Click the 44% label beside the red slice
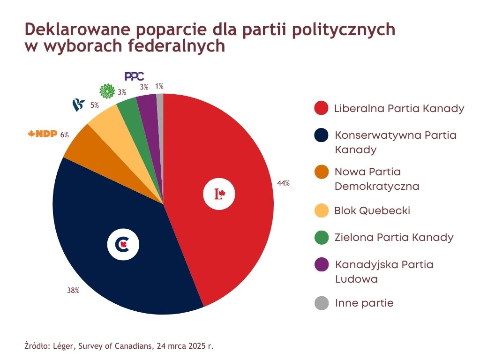coord(283,183)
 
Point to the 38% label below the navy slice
coord(73,291)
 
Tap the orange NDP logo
coord(43,135)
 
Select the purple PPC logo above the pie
coord(134,76)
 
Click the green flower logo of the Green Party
coord(107,91)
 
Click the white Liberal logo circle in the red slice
coord(219,194)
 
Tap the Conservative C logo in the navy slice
coord(123,244)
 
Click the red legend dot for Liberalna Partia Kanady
coord(321,108)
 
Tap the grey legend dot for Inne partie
coord(321,303)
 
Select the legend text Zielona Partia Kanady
coord(394,237)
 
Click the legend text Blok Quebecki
coord(372,210)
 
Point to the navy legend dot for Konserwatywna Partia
coord(321,135)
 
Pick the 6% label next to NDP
coord(65,135)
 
